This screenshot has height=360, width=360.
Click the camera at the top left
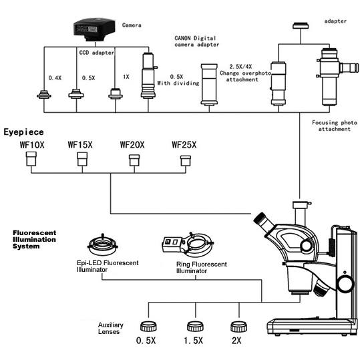point(94,29)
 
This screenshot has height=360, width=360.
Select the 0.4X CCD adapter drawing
point(44,94)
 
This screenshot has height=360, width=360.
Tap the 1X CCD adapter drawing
point(116,94)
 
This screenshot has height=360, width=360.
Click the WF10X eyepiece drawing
point(31,158)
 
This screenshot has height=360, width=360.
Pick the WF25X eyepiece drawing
point(185,160)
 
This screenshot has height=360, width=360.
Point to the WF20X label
point(132,145)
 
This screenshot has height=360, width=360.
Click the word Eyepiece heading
point(23,132)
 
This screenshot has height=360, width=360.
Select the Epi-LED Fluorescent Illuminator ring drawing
point(103,245)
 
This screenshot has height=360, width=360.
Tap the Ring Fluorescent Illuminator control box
point(172,245)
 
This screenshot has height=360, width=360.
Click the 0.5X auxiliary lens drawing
point(148,327)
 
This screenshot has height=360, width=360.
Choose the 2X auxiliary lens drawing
point(239,327)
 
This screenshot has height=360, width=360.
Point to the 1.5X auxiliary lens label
point(193,340)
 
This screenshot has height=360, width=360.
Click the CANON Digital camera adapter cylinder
point(209,85)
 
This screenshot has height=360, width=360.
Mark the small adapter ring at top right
point(301,25)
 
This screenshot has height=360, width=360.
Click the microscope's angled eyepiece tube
point(264,224)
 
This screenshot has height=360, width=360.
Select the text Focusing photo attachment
point(334,126)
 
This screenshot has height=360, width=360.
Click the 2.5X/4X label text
point(240,67)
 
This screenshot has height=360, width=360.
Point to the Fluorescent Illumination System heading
point(34,240)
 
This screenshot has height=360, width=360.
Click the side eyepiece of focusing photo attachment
point(349,67)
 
